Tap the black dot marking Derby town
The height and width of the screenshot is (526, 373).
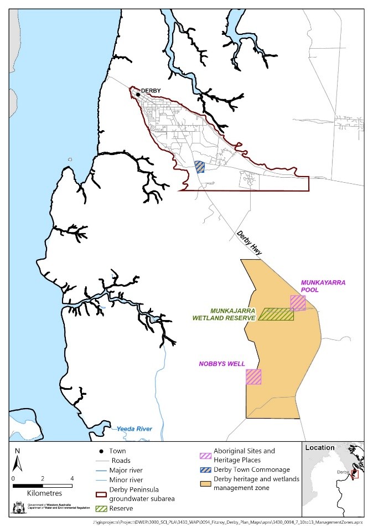coord(138,95)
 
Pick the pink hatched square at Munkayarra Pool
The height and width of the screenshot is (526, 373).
coord(298,303)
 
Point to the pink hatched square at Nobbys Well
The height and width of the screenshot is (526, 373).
coord(253,377)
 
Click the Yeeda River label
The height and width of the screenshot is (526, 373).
coord(134,429)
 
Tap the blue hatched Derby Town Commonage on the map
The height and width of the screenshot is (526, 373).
coord(200,167)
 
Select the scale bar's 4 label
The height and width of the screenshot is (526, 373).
coord(72,478)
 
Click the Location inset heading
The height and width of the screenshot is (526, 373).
coord(319,447)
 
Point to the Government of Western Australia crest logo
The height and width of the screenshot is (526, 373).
coord(17,508)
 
